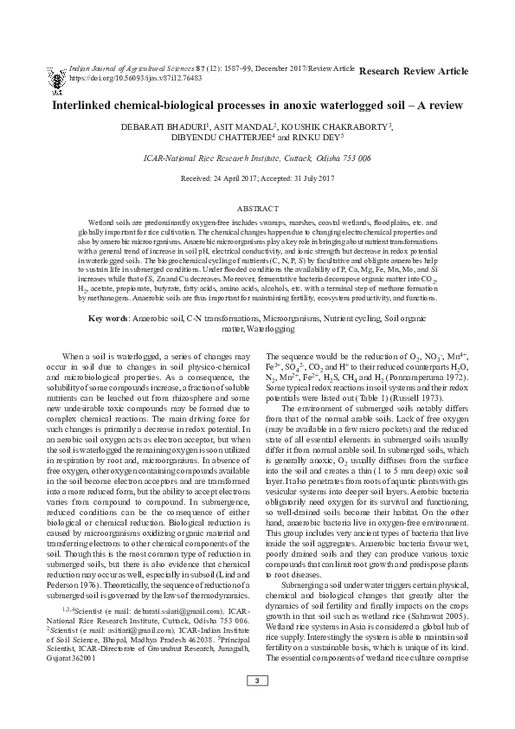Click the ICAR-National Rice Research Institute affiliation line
tap(257, 158)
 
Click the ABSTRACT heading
tap(257, 210)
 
